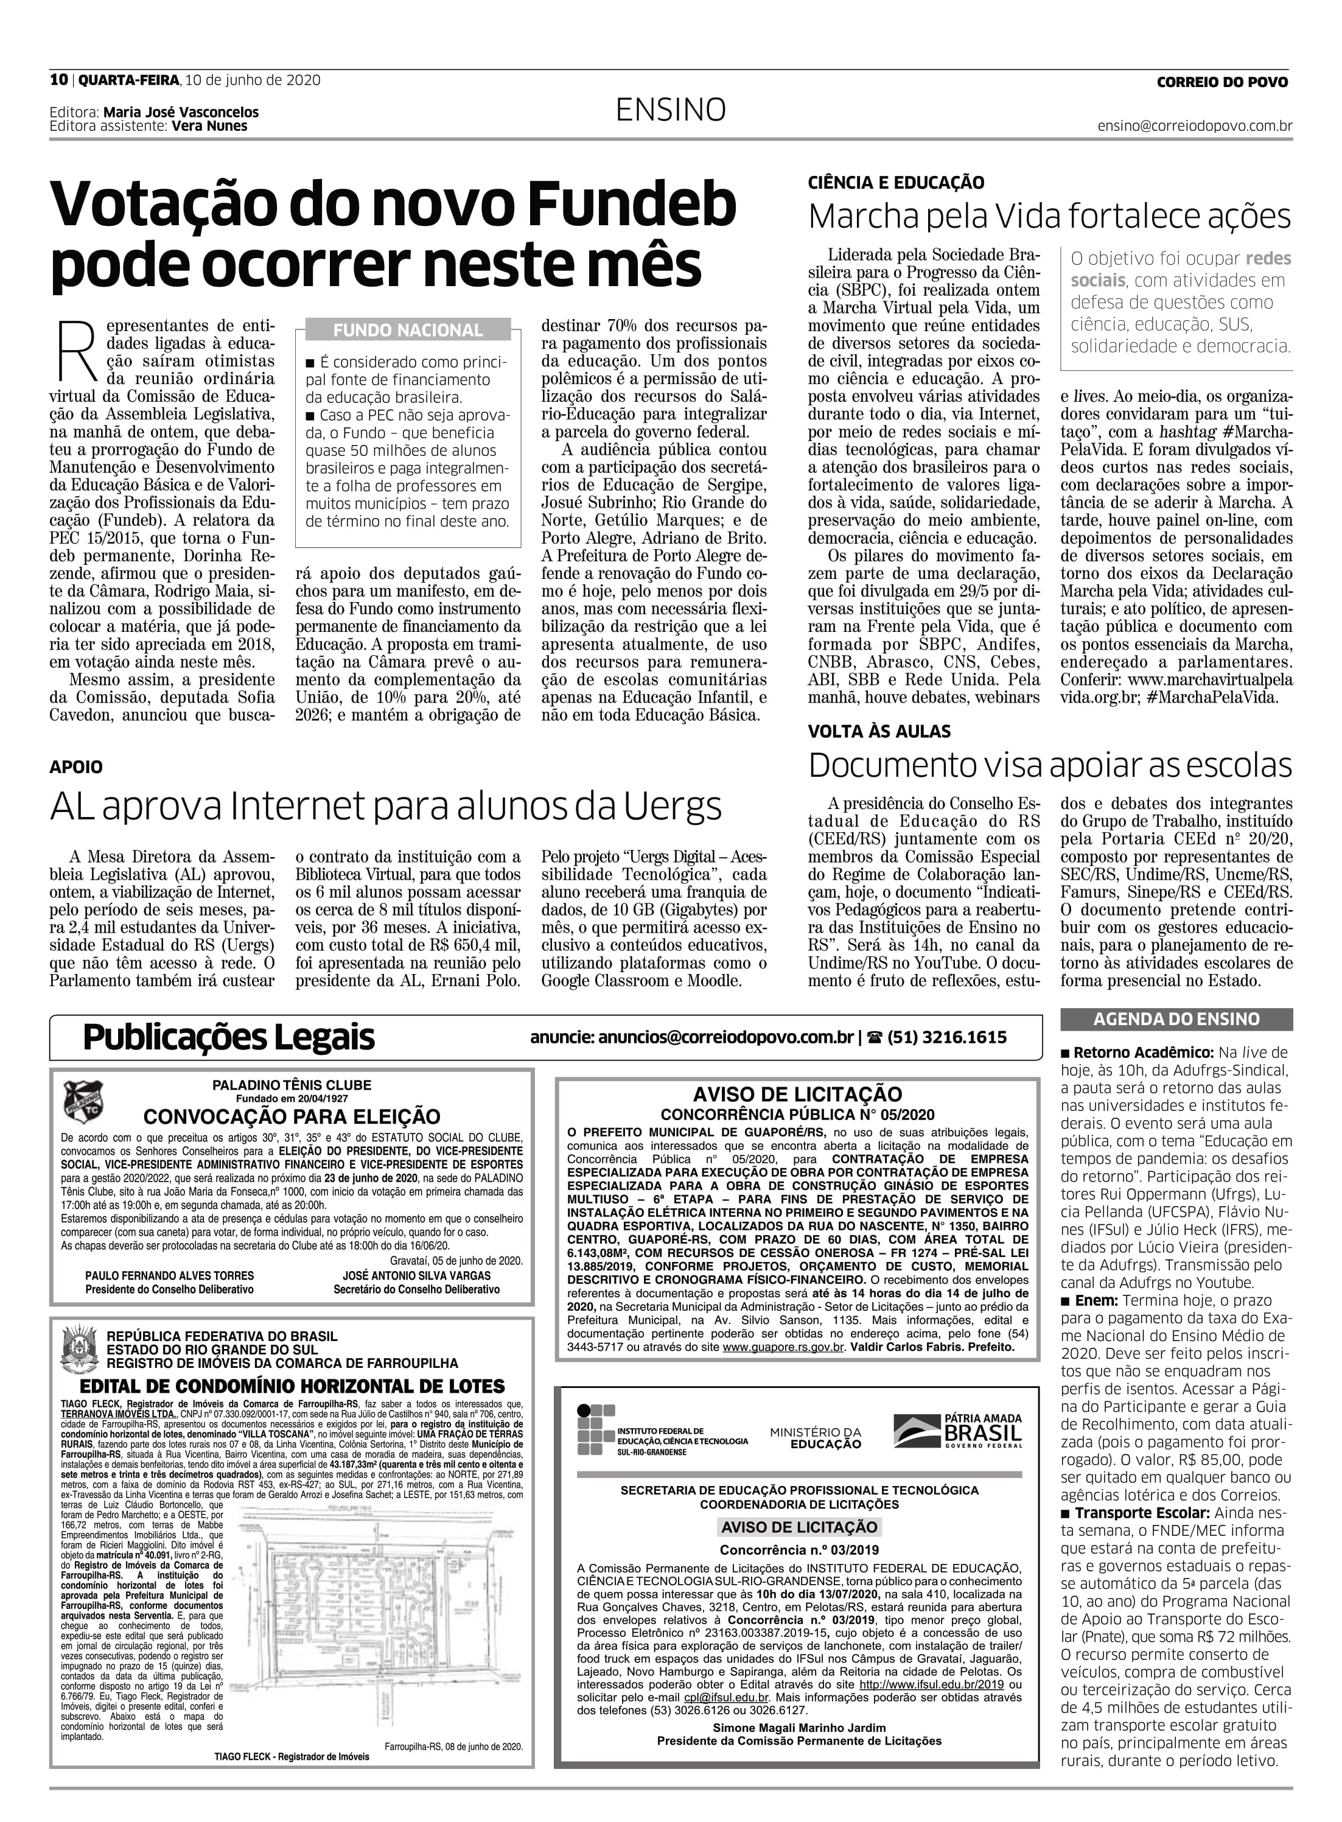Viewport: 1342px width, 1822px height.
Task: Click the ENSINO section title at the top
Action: [x=670, y=110]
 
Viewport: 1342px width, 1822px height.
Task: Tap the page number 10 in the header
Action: [x=58, y=80]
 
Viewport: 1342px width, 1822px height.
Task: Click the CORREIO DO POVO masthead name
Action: [x=1221, y=81]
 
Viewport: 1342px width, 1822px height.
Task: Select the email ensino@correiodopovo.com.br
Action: [x=1194, y=126]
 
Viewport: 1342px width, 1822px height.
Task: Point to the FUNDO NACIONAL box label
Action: [x=408, y=330]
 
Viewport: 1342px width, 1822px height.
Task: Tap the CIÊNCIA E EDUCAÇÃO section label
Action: [x=896, y=183]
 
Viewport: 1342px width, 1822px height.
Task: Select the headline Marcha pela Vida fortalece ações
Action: [x=1049, y=217]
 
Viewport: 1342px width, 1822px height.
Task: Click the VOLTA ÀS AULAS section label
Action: [x=879, y=731]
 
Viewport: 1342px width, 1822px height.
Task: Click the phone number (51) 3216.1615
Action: [x=946, y=1037]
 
